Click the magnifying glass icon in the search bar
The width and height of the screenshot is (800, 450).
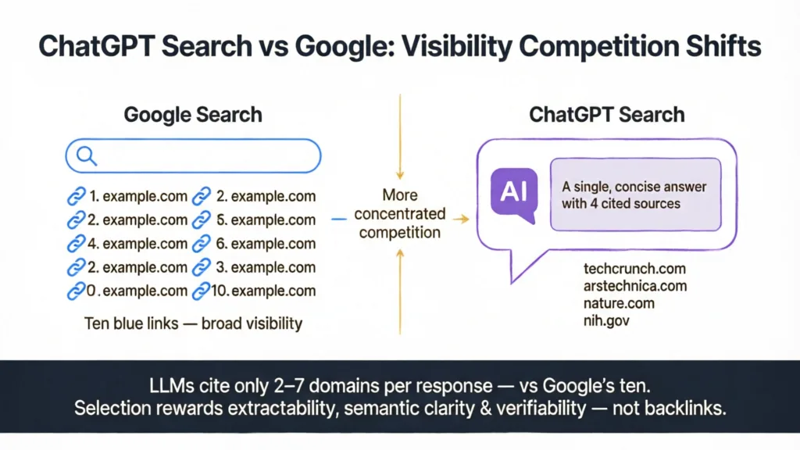[x=85, y=156]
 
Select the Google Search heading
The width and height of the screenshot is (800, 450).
[x=193, y=115]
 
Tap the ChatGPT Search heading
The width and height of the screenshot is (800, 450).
[x=606, y=115]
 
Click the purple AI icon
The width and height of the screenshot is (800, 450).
[x=513, y=192]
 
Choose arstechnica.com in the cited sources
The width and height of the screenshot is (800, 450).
[x=634, y=285]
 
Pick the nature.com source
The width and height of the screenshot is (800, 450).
[x=619, y=302]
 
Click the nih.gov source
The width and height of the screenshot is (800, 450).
[x=605, y=319]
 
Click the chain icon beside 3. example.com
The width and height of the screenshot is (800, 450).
[x=202, y=267]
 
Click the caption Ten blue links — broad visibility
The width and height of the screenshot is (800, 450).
[x=193, y=323]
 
